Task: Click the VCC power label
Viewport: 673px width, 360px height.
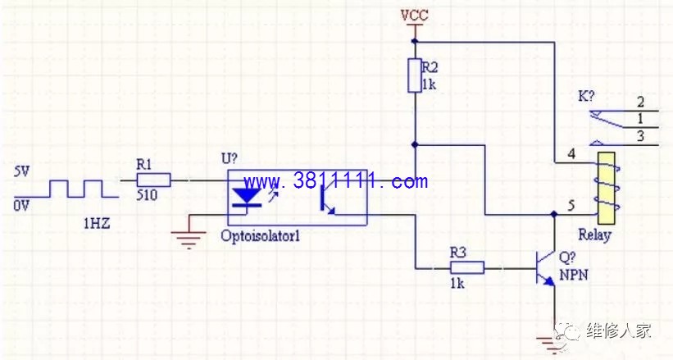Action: tap(414, 16)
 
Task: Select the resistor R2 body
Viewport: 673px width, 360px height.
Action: tap(415, 75)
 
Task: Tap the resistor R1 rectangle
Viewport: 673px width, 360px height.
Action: tap(153, 180)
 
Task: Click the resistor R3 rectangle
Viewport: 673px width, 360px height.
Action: tap(467, 267)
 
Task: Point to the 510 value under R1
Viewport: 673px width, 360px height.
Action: tap(147, 195)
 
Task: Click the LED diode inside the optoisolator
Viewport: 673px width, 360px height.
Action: tap(247, 198)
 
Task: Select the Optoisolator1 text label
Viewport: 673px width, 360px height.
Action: tap(260, 236)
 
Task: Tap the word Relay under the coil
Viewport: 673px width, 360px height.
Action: tap(594, 235)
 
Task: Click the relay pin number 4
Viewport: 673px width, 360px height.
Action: tap(571, 153)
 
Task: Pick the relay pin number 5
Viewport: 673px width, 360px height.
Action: tap(571, 205)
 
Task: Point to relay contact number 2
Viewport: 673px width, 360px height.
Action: tap(640, 102)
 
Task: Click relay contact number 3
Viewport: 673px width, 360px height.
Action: tap(640, 136)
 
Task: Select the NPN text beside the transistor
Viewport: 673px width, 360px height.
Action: tap(574, 275)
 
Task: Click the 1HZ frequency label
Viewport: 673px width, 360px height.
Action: tap(97, 223)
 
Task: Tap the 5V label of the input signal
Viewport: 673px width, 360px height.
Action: tap(21, 172)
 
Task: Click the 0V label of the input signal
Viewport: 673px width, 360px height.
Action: tap(21, 206)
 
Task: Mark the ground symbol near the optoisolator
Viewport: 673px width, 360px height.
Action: tap(189, 239)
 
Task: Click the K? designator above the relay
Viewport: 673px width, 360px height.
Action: tap(586, 95)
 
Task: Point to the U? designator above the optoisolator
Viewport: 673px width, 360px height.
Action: tap(230, 158)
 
